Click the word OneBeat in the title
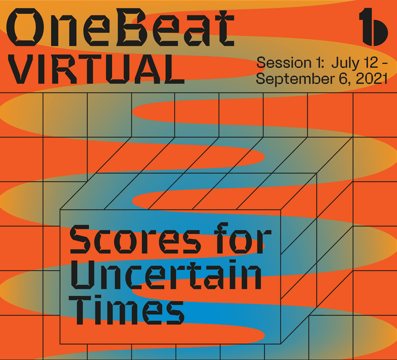[120, 27]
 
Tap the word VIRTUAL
[96, 69]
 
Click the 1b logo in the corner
[374, 27]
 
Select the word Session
[284, 62]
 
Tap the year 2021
[372, 79]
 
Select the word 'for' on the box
[243, 238]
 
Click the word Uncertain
[166, 275]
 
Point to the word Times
[126, 310]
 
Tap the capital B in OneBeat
[135, 27]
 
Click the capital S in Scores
[80, 239]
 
